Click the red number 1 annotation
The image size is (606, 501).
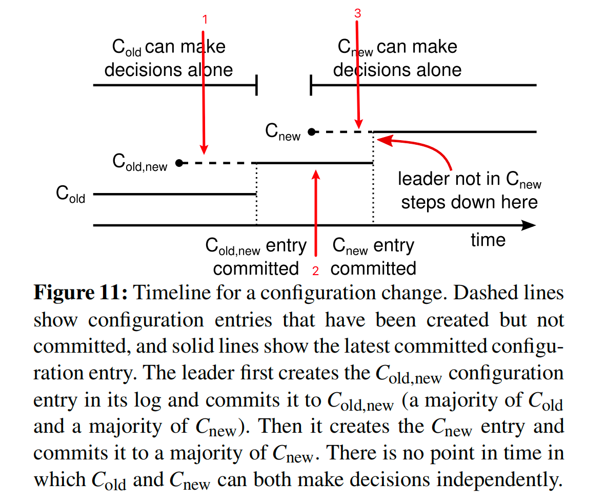coord(205,20)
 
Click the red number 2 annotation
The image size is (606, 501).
coord(316,269)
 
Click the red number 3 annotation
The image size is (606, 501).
coord(358,14)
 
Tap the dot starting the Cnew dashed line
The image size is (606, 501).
coord(311,132)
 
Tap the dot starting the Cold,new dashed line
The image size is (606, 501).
coord(179,163)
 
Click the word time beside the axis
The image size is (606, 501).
coord(488,240)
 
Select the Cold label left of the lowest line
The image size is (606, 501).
coord(70,195)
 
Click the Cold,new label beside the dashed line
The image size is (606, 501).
coord(139,162)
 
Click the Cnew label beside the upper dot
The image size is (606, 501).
coord(282,132)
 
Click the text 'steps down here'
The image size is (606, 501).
coord(469,202)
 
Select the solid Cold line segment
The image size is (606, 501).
coord(174,195)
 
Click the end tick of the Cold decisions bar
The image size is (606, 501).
coord(256,85)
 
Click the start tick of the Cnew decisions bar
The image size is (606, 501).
coord(311,85)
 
